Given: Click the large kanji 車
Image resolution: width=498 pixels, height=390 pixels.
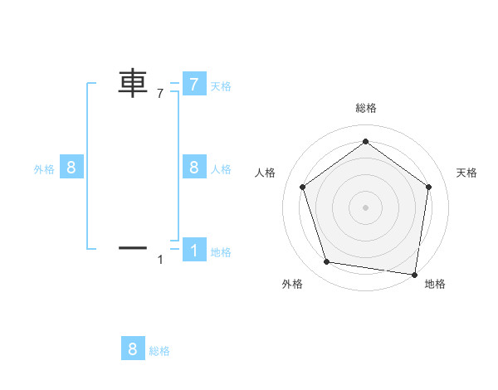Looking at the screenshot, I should point(133,84).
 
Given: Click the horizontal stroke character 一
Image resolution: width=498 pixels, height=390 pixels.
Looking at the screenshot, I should point(133,247).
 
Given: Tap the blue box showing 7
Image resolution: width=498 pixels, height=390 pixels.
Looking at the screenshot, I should point(193,84).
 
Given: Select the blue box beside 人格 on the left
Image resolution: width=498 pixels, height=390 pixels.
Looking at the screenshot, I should point(193,168).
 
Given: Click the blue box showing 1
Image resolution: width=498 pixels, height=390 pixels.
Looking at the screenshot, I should point(193,249).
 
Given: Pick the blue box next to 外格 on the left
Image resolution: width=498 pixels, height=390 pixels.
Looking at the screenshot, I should point(71,168).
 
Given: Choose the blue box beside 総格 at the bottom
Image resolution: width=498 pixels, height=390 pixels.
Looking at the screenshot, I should point(133,349).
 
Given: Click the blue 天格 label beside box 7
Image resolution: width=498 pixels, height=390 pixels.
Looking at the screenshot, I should point(220,85).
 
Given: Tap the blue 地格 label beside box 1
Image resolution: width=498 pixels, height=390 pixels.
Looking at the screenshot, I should point(220,252).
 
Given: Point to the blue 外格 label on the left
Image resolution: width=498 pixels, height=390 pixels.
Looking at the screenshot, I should point(44,169).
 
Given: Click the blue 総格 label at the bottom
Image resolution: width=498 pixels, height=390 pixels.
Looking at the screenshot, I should point(159,351).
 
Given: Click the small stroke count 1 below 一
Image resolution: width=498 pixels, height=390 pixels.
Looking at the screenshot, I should point(160,260).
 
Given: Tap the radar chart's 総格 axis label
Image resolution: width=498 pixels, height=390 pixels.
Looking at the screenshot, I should point(365,108).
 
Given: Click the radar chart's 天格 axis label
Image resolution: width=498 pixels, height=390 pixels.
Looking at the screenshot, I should point(466,173).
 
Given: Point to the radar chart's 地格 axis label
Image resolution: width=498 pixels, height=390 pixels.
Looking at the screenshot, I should point(435,284).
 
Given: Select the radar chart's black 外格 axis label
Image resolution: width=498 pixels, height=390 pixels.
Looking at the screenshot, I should point(292,284).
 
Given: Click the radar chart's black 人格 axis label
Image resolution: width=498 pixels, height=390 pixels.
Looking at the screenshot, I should point(265,173).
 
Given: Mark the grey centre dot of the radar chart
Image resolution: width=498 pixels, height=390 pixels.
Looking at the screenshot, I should point(365,207).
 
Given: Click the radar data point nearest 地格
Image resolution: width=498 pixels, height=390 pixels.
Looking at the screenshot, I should point(413,273).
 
